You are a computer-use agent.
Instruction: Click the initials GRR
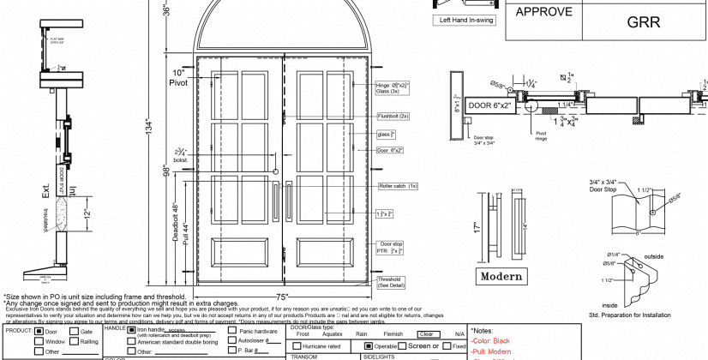click(x=644, y=22)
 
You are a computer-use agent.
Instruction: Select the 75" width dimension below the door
click(x=281, y=296)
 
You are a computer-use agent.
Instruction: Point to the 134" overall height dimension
click(x=151, y=127)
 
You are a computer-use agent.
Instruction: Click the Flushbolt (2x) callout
click(x=393, y=116)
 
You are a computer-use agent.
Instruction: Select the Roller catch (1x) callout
click(x=398, y=186)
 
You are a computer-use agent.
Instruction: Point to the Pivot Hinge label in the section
click(x=541, y=135)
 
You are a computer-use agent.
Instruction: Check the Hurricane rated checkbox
click(x=296, y=345)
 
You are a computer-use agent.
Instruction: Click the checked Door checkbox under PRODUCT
click(x=39, y=331)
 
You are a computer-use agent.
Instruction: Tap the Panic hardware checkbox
click(x=231, y=330)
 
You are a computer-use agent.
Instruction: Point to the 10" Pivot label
click(x=180, y=78)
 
